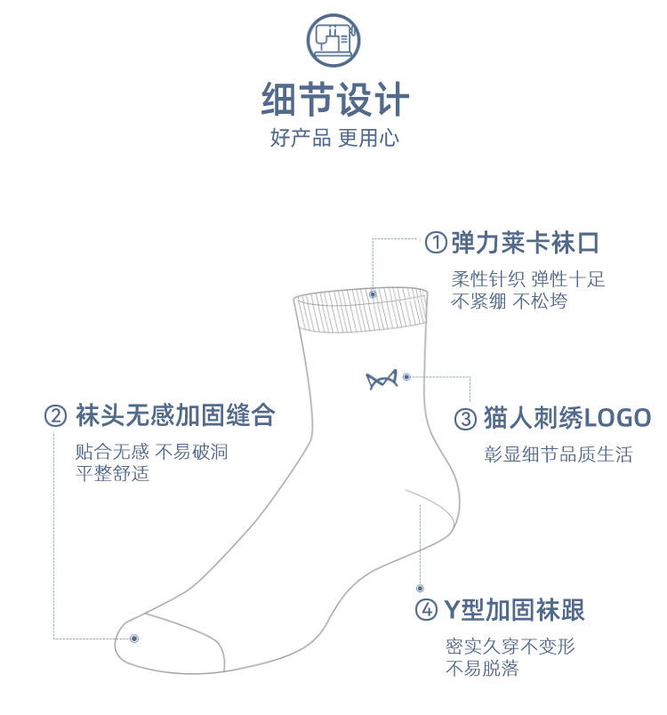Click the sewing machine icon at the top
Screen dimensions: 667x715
click(x=333, y=38)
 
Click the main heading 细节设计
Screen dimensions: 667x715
click(x=334, y=98)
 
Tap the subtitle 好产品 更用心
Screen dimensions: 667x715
click(x=334, y=138)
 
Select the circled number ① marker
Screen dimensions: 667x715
click(x=435, y=242)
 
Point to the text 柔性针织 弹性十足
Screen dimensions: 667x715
click(x=527, y=279)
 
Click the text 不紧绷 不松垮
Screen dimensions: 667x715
click(x=509, y=301)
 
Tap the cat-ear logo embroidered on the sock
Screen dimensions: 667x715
click(x=380, y=380)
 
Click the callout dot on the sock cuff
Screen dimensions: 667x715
click(x=373, y=293)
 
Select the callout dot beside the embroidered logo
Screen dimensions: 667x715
click(x=406, y=377)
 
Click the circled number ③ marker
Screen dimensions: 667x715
click(x=466, y=418)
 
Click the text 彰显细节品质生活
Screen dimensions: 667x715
click(x=558, y=455)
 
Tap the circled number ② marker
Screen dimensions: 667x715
click(x=55, y=415)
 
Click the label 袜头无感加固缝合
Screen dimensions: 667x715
click(x=175, y=415)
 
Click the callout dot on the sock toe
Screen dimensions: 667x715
click(x=134, y=638)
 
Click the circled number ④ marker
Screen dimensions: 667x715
click(x=427, y=610)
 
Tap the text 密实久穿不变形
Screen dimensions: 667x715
click(x=510, y=647)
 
